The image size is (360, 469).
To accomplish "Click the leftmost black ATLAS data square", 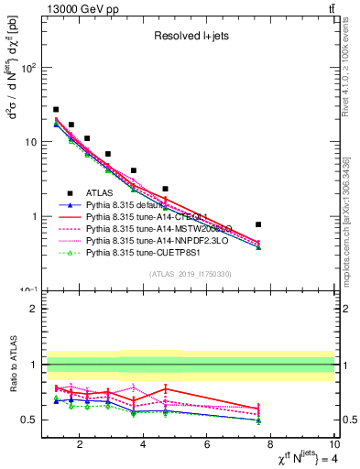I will [x=56, y=109].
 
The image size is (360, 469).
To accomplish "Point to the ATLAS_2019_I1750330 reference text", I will [x=189, y=274].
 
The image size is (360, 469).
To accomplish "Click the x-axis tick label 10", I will [x=334, y=446].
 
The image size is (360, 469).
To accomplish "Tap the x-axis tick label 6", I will [x=207, y=446].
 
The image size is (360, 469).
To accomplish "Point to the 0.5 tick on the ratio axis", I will [x=32, y=420].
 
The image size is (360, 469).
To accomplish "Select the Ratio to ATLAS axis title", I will [x=12, y=366].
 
